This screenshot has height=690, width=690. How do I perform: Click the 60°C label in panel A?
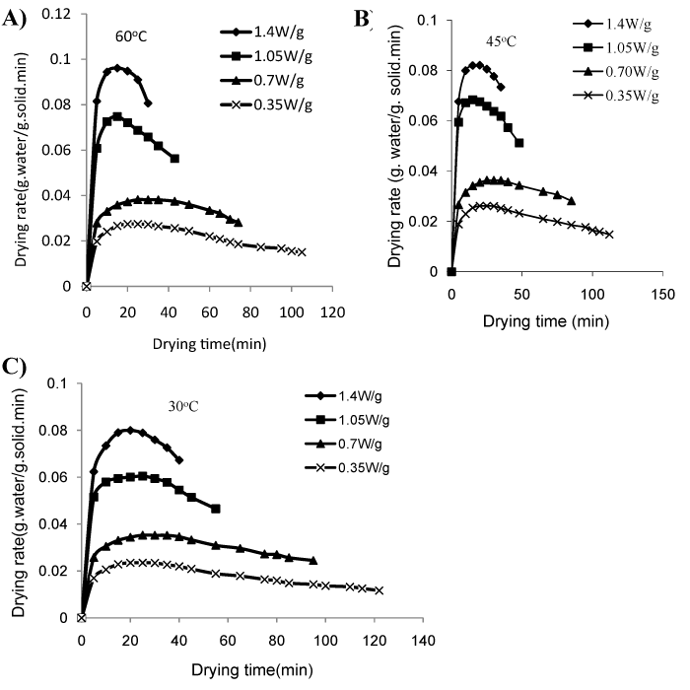[131, 36]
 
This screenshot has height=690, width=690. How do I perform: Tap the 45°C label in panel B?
[501, 41]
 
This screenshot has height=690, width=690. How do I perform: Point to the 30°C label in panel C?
[183, 406]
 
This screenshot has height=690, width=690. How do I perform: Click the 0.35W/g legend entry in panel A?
[266, 104]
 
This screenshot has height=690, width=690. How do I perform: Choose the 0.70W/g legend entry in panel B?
[616, 71]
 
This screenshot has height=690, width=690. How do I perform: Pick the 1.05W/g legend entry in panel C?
[347, 420]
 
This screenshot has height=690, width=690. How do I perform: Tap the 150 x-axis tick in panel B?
[662, 295]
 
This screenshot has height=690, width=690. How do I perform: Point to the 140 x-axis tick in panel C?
[423, 641]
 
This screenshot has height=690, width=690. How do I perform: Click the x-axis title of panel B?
[546, 321]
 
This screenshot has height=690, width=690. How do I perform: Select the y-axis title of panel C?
[20, 503]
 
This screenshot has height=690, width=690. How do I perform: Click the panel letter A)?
[15, 20]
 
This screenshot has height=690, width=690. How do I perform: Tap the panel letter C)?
[15, 367]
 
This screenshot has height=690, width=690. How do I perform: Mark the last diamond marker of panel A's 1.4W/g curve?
[148, 103]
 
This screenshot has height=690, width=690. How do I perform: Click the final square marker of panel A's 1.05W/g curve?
[174, 159]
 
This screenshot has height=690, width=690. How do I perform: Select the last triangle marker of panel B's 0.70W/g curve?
[571, 201]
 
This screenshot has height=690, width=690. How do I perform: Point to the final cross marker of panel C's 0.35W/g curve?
[379, 590]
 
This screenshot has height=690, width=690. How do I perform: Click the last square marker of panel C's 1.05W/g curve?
[216, 509]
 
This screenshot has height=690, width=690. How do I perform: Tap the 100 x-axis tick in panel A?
[292, 312]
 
